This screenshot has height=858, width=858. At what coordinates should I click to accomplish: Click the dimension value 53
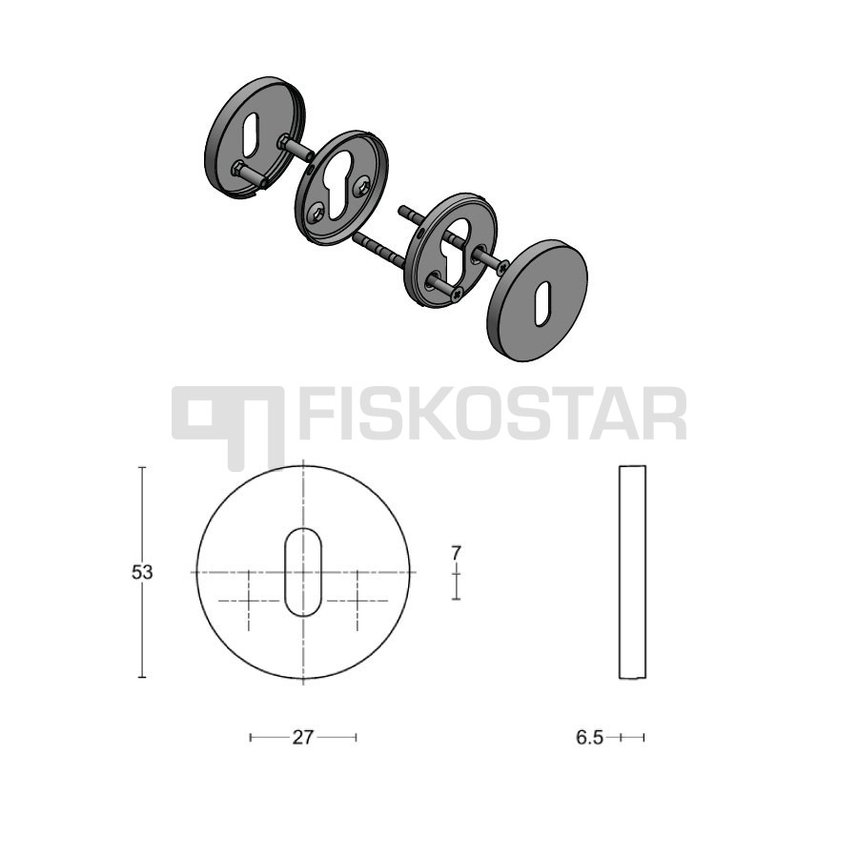(142, 572)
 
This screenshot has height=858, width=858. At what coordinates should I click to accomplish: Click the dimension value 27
(302, 738)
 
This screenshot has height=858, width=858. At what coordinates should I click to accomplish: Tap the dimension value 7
(457, 553)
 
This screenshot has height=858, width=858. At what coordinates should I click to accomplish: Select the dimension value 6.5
(589, 738)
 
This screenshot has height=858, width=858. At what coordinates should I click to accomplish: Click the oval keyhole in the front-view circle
(303, 572)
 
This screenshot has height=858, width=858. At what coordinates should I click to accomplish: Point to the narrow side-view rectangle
(633, 572)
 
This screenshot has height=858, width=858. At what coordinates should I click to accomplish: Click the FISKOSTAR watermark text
(493, 414)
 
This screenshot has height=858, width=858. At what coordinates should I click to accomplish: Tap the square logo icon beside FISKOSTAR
(228, 427)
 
